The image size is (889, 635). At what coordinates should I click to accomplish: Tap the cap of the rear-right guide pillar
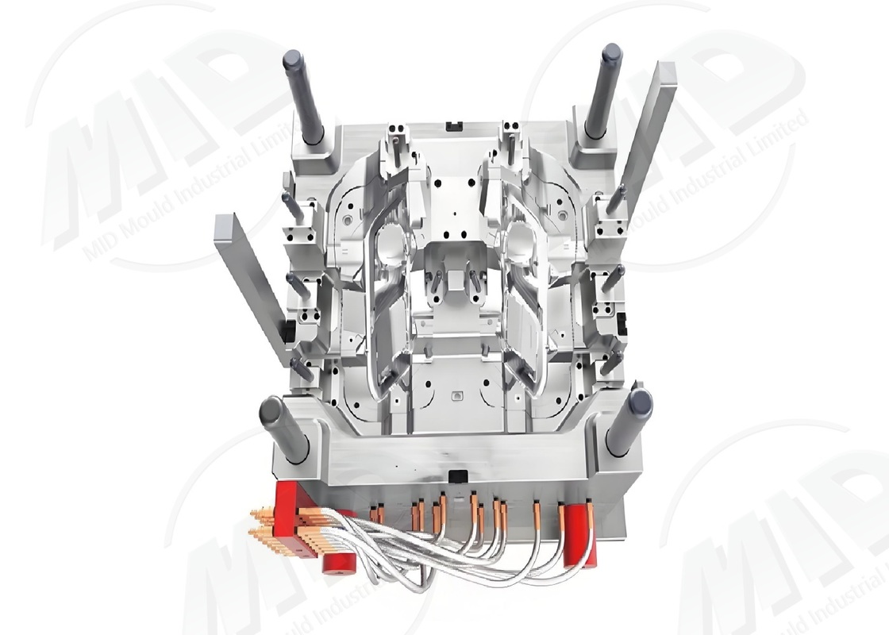click(x=611, y=54)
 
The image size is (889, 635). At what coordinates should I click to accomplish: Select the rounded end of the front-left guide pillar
click(x=271, y=410)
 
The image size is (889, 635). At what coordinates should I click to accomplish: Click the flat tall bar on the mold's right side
click(x=645, y=135)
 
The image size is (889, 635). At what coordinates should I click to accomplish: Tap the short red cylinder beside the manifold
click(x=339, y=563)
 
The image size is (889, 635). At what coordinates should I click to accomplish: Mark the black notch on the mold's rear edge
click(x=454, y=125)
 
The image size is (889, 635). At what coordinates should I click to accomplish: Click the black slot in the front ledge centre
click(x=458, y=475)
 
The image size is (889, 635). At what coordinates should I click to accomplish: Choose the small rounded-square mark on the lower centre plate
click(x=456, y=394)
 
